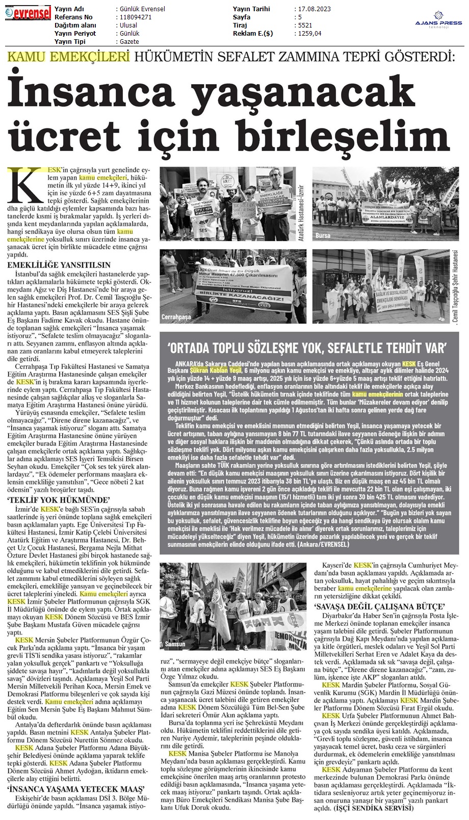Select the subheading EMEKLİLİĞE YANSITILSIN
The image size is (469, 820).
coord(59,265)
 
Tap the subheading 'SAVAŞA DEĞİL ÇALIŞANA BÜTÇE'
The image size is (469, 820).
coord(380,606)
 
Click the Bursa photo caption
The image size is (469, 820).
coord(323,235)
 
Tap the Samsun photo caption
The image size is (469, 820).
coord(175,644)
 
